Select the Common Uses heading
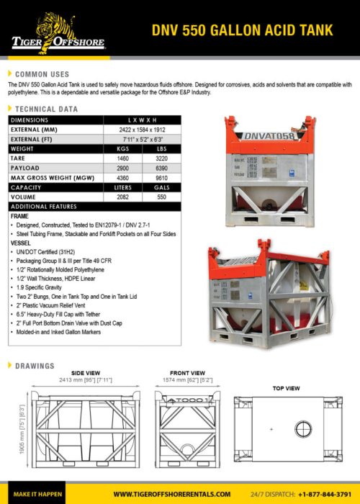click(42, 74)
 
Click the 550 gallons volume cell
click(161, 197)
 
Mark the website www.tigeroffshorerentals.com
click(171, 494)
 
